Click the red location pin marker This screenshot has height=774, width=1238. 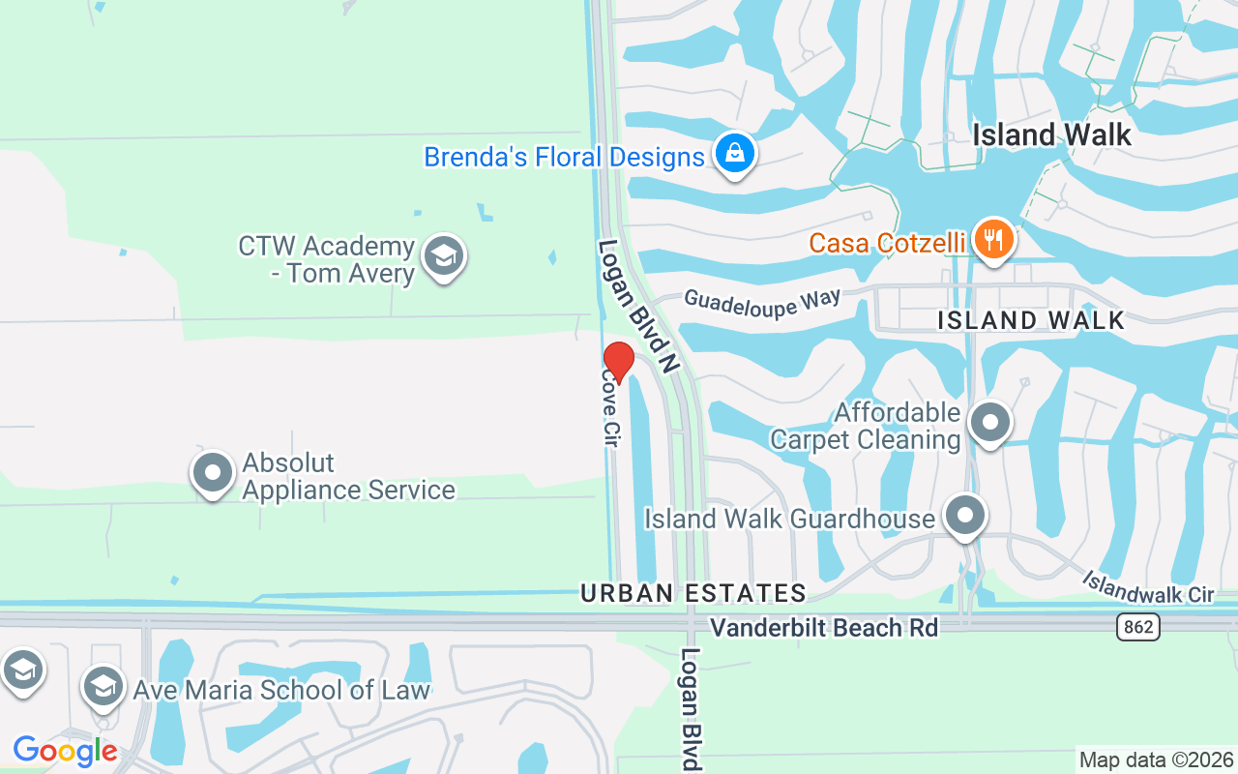pos(618,362)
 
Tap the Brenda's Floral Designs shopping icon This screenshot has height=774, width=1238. pos(735,153)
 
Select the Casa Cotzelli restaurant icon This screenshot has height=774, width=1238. pos(992,239)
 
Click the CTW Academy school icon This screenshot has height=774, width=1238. pos(444,256)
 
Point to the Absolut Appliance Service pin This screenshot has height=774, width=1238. pos(213,474)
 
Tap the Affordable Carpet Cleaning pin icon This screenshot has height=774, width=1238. pos(989,424)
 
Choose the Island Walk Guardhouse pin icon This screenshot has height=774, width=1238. pos(964,517)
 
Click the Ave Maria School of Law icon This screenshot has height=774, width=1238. pos(102,687)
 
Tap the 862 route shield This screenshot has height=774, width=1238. pos(1138,627)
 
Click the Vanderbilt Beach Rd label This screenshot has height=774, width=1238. pos(824,628)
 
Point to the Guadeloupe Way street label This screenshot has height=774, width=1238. pos(762,301)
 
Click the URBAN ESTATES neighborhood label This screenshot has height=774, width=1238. pos(693,593)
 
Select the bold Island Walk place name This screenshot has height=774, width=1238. pos(1051,134)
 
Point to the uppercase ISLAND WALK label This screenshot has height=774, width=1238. pos(1031,320)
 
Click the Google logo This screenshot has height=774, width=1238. pos(65,751)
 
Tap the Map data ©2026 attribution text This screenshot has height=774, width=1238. pos(1156,760)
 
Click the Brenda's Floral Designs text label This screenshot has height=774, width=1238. pos(564,157)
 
